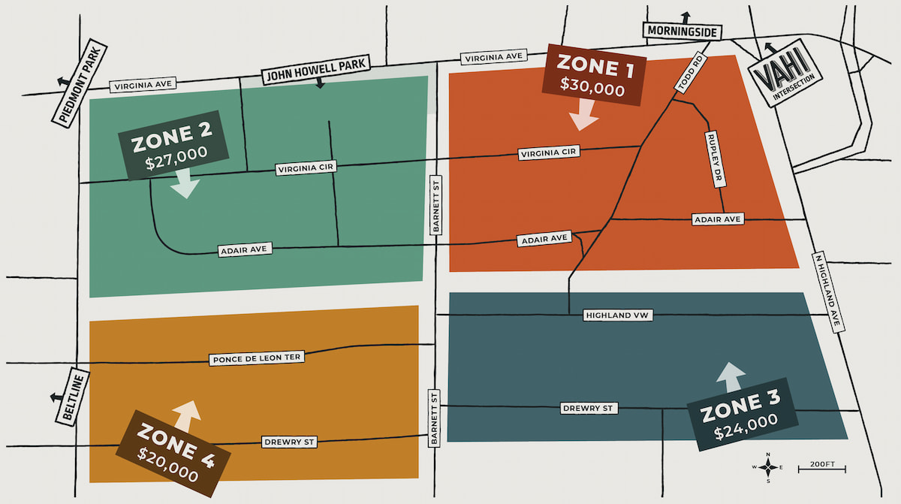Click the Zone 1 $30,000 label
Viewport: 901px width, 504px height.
click(x=592, y=77)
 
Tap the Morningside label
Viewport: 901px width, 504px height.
click(x=682, y=32)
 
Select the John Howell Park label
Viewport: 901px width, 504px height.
click(x=314, y=69)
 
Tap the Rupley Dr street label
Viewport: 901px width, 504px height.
click(x=714, y=159)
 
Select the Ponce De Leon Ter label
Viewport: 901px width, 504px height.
click(x=256, y=358)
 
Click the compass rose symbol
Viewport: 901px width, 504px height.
click(x=768, y=466)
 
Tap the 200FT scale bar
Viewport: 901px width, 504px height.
click(x=821, y=467)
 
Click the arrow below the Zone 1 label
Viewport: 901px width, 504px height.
click(x=583, y=115)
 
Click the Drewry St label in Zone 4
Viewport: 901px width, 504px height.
click(x=288, y=442)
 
